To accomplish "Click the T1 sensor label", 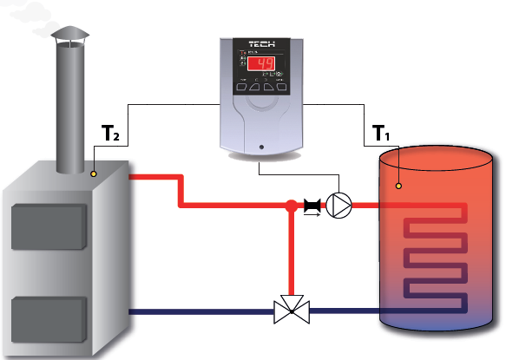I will [x=383, y=134].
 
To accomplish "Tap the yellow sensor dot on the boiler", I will [x=93, y=171].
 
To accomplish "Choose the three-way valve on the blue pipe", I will [x=290, y=310].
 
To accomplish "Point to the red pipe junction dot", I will [x=290, y=206].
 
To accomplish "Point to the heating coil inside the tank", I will [x=434, y=252].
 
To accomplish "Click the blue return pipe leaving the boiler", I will [x=200, y=311].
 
